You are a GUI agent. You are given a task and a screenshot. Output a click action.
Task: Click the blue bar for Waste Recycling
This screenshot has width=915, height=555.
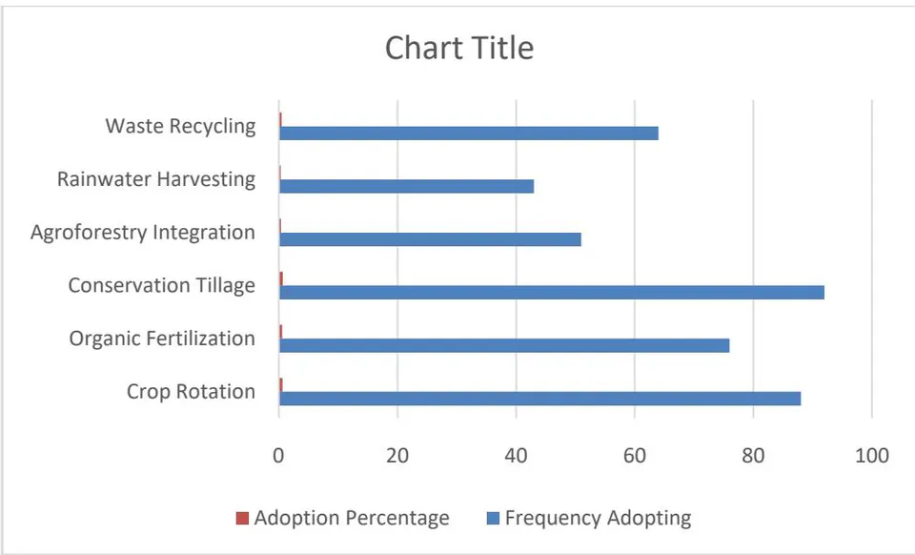469,134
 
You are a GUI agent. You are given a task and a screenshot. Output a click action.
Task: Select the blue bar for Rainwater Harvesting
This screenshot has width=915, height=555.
407,186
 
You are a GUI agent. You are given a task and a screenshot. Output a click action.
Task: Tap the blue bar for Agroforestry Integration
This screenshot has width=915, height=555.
430,239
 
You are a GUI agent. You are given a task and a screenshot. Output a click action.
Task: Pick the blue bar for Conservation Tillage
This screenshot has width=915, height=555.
552,293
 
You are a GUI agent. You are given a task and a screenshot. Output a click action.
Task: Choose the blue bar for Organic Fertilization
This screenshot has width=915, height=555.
504,345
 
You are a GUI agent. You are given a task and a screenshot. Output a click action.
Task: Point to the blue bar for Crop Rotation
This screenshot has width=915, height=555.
539,399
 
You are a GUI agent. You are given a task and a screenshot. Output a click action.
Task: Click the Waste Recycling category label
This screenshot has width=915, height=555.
180,127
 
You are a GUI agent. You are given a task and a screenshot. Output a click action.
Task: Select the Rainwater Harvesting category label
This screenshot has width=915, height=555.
156,179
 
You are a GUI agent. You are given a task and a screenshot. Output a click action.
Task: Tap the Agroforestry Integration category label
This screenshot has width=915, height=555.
143,233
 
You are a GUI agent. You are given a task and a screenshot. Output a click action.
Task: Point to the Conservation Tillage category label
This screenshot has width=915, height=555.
162,286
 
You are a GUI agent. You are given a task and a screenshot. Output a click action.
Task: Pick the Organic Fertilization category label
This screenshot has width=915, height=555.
162,339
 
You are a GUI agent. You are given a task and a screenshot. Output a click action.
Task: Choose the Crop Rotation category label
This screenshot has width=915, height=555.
191,392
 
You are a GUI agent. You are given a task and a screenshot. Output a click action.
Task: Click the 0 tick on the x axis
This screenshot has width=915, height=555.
279,455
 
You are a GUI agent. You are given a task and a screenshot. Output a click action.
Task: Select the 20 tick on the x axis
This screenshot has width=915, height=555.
397,455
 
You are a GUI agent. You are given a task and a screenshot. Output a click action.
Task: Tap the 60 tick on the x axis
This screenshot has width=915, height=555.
635,455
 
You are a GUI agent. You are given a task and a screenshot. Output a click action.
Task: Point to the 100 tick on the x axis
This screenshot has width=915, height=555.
872,455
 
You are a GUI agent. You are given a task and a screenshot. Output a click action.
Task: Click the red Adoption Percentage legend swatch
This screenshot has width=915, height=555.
242,518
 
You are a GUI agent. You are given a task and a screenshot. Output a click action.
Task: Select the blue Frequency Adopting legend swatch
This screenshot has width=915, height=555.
493,518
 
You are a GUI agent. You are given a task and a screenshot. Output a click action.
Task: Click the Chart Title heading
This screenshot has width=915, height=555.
459,48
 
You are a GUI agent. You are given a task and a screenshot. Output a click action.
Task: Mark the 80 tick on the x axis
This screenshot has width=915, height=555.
753,455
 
